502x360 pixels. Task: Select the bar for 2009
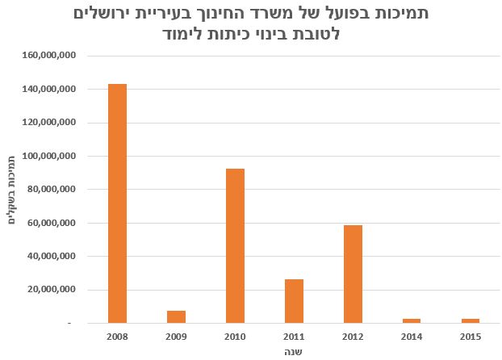[x=176, y=316]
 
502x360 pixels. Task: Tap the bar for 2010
[x=235, y=245]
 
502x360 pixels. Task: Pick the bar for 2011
[x=294, y=301]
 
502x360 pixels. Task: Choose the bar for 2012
[x=353, y=274]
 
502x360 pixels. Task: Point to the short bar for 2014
[x=412, y=320]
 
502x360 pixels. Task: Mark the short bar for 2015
[x=471, y=320]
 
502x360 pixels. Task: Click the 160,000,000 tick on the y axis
[x=51, y=56]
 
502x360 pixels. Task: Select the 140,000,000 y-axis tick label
[x=51, y=90]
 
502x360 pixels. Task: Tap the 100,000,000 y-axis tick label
[x=51, y=156]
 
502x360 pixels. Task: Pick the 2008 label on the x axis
[x=117, y=335]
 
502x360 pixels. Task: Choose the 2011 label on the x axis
[x=294, y=335]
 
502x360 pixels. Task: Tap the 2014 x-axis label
[x=412, y=335]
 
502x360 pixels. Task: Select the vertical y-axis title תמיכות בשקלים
[x=13, y=188]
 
